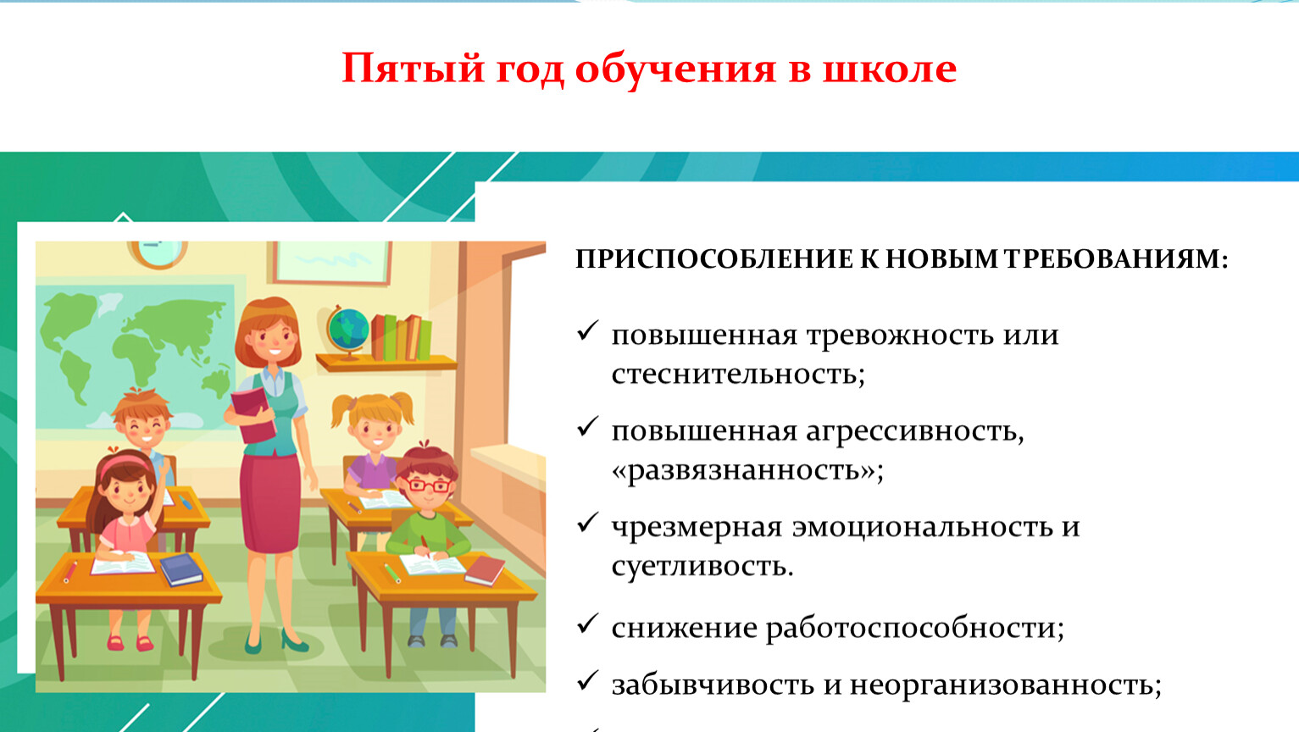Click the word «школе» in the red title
point(889,69)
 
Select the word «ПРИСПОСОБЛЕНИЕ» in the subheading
point(714,258)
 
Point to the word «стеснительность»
point(738,374)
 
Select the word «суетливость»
point(702,566)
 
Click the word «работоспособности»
point(914,629)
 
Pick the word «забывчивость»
point(712,685)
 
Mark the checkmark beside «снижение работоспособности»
point(587,624)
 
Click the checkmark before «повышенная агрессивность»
point(587,426)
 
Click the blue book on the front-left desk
point(181,569)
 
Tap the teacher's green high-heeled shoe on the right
point(294,640)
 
